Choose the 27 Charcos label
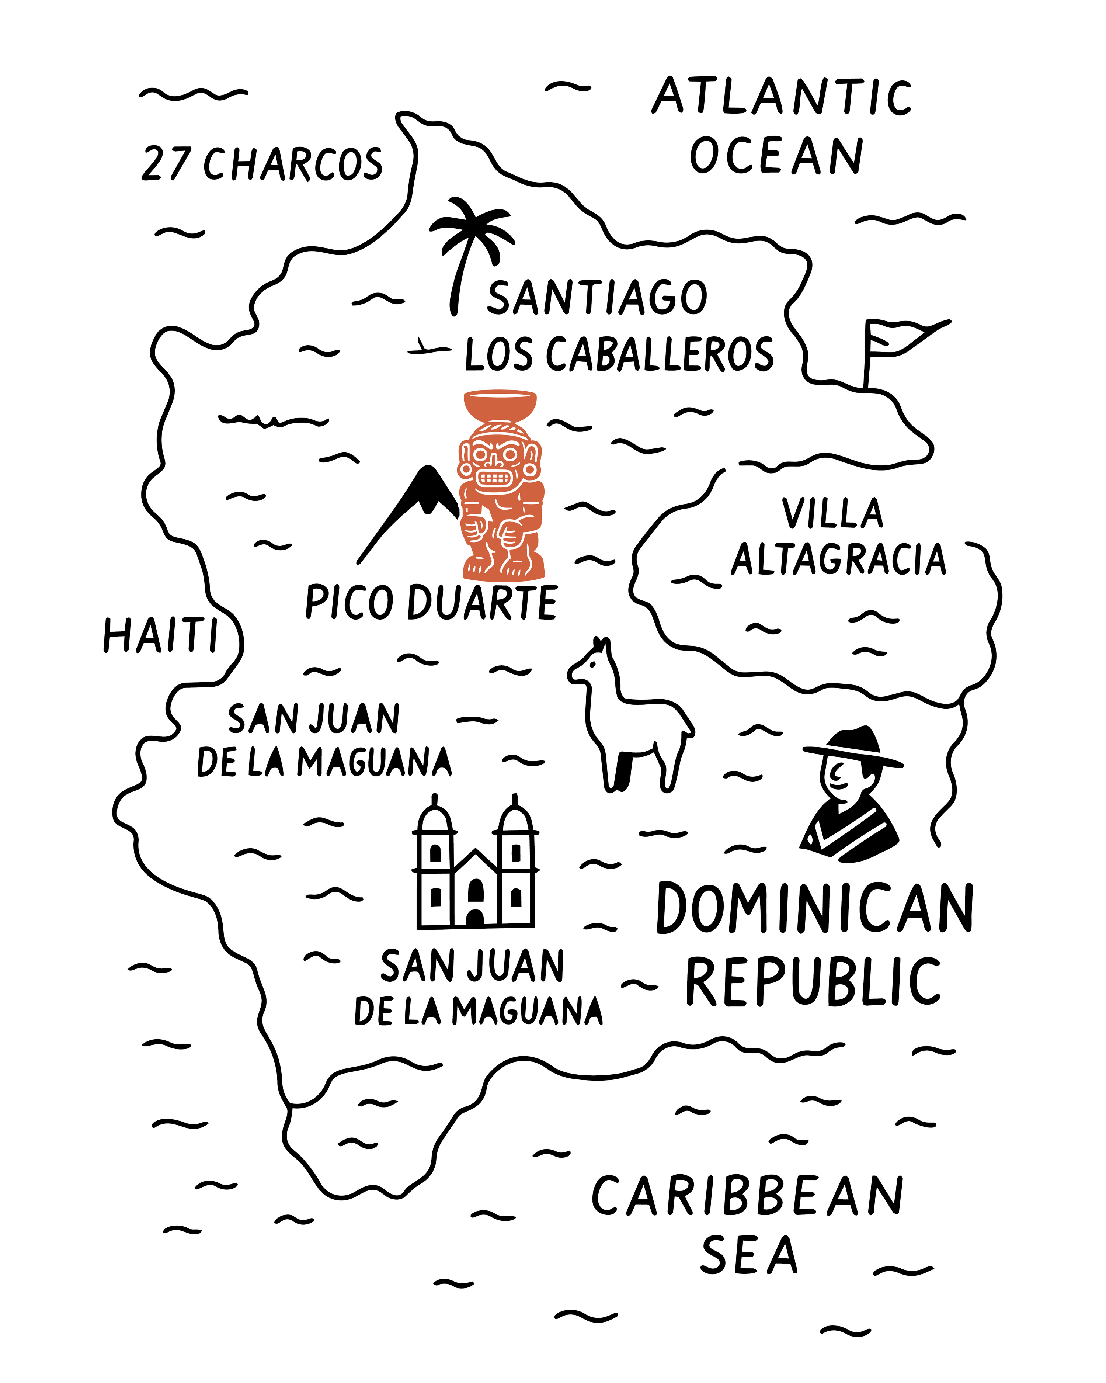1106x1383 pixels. pos(262,164)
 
